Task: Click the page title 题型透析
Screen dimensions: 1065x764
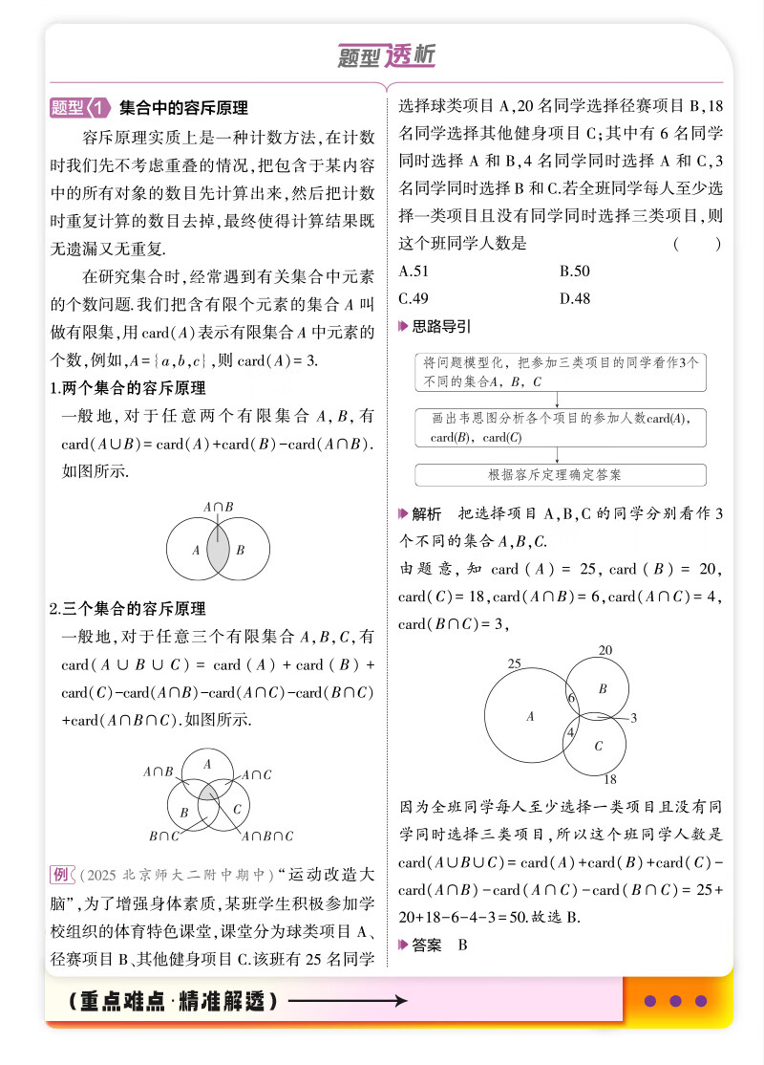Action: [x=387, y=56]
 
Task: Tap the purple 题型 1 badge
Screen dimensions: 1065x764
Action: [x=80, y=108]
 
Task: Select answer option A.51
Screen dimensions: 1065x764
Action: [x=413, y=271]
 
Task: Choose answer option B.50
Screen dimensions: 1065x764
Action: [x=574, y=271]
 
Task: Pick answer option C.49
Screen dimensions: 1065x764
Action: [x=413, y=298]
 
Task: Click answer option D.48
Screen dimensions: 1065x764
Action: [x=575, y=298]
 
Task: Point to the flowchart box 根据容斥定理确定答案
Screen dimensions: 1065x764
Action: [x=561, y=474]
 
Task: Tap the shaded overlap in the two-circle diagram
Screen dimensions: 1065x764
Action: [x=219, y=550]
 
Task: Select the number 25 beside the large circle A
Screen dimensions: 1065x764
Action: [x=514, y=663]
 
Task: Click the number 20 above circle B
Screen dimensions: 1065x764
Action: [x=605, y=650]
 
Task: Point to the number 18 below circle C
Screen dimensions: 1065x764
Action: [x=610, y=779]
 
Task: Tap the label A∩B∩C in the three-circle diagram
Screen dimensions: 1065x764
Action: [x=267, y=837]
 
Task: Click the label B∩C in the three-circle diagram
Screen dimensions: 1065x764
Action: [x=163, y=837]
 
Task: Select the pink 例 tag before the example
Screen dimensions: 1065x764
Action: [x=61, y=875]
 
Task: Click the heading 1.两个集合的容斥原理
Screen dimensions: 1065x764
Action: [x=127, y=389]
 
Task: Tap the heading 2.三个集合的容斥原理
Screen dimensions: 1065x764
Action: [x=127, y=608]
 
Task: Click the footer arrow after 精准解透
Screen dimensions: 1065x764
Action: [x=348, y=1001]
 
